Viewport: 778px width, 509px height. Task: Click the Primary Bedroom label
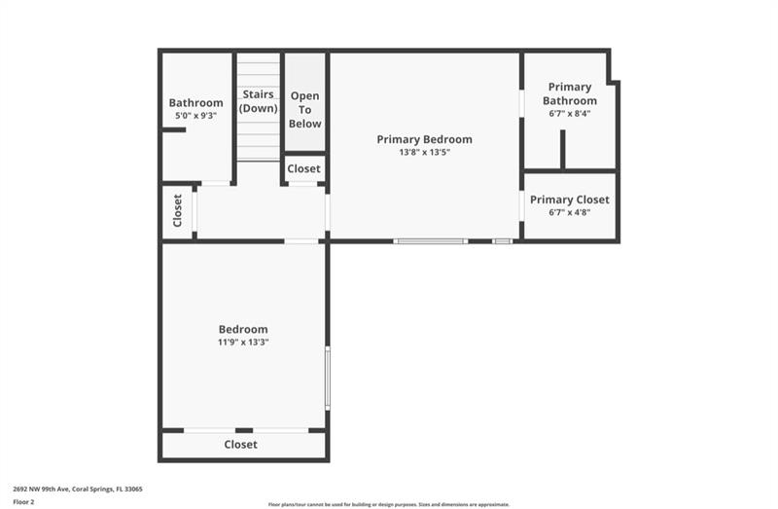425,139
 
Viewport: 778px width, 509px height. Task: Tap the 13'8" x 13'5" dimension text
425,152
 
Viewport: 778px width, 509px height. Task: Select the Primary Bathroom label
570,93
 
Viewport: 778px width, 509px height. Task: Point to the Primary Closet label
570,200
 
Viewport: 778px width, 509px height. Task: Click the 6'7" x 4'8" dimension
570,212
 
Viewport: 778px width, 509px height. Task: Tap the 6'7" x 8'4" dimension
570,113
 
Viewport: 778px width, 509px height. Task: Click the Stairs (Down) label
259,101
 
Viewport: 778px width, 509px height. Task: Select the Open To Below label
304,110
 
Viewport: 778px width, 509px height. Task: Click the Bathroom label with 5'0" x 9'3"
195,102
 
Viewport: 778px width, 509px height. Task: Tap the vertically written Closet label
177,210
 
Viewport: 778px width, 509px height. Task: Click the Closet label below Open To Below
303,168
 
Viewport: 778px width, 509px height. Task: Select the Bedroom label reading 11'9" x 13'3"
243,329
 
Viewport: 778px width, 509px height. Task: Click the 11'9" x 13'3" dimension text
243,342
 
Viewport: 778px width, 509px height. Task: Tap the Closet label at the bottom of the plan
241,444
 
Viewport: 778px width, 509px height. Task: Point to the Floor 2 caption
24,501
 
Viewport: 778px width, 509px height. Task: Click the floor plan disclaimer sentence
389,504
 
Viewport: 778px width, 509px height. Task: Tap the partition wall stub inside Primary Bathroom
562,149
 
